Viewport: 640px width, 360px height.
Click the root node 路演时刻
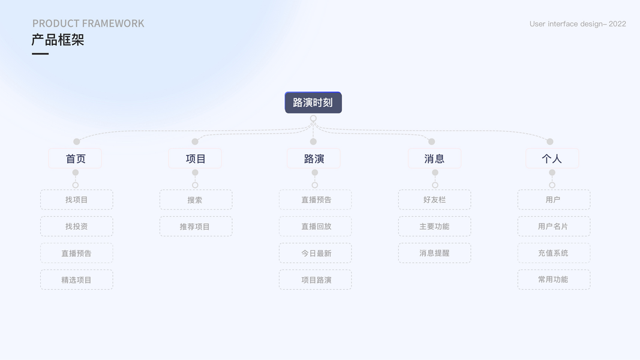pyautogui.click(x=313, y=103)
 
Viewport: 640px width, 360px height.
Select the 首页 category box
pyautogui.click(x=75, y=158)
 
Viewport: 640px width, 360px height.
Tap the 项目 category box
pyautogui.click(x=195, y=158)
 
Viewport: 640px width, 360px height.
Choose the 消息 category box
pyautogui.click(x=434, y=158)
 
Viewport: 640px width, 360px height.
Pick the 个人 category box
pyautogui.click(x=552, y=158)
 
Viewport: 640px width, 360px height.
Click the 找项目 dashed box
pyautogui.click(x=77, y=200)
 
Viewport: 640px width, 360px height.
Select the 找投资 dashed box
pyautogui.click(x=77, y=226)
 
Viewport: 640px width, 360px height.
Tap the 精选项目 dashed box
pyautogui.click(x=77, y=280)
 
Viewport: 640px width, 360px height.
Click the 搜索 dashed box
pyautogui.click(x=196, y=200)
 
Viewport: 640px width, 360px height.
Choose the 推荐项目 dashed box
pyautogui.click(x=196, y=226)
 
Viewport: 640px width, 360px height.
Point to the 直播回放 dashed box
pyautogui.click(x=316, y=226)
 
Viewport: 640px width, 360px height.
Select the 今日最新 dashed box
pyautogui.click(x=316, y=253)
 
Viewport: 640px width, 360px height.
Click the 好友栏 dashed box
pyautogui.click(x=434, y=200)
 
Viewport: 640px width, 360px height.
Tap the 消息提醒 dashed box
pyautogui.click(x=434, y=253)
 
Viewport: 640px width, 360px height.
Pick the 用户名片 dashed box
pyautogui.click(x=554, y=226)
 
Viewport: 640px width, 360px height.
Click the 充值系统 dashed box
pyautogui.click(x=554, y=253)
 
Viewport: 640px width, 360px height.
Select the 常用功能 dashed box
pyautogui.click(x=554, y=280)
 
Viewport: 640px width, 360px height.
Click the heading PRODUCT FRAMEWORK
pyautogui.click(x=88, y=23)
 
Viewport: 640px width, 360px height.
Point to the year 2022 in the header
pyautogui.click(x=617, y=24)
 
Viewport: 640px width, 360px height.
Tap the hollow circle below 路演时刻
pyautogui.click(x=313, y=119)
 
